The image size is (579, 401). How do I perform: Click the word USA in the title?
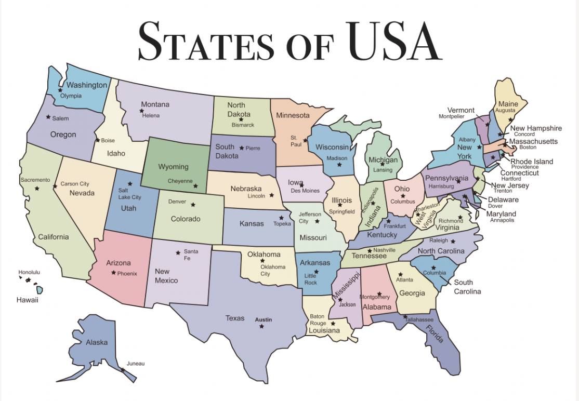coord(394,41)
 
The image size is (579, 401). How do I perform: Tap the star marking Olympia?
coord(60,90)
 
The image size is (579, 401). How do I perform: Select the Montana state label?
coord(155,104)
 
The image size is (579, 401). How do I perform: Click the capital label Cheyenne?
coord(180,181)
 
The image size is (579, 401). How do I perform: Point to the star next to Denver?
coord(193,204)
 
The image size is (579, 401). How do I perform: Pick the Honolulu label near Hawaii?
coord(29,272)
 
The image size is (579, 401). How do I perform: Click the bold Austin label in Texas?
coord(263,319)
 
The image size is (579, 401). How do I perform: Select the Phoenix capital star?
coord(113,273)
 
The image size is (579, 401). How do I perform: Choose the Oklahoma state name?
coord(264,255)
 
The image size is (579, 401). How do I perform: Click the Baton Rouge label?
coord(318,319)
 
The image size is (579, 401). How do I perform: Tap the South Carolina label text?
coord(467,287)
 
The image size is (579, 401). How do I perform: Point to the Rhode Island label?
coord(532,162)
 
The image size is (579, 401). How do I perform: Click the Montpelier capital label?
coord(451,116)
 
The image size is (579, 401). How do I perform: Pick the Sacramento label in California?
coord(35,180)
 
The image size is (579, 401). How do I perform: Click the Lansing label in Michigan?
coord(383,170)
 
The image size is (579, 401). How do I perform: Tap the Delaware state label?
coord(503,199)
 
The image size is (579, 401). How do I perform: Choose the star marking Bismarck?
coord(241,119)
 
